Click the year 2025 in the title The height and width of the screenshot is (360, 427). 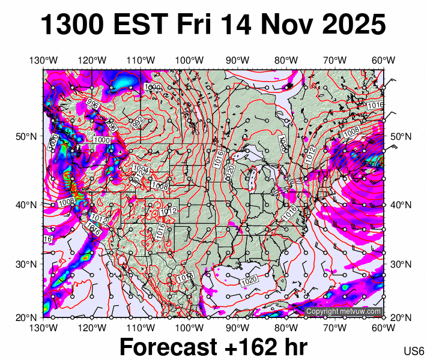353,25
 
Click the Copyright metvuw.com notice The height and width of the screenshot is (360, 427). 344,311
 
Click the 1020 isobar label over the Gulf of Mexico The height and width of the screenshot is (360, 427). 249,281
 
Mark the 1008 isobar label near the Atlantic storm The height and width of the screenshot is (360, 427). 351,131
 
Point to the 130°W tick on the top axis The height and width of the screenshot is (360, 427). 43,60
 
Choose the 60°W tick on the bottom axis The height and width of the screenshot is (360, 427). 383,328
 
